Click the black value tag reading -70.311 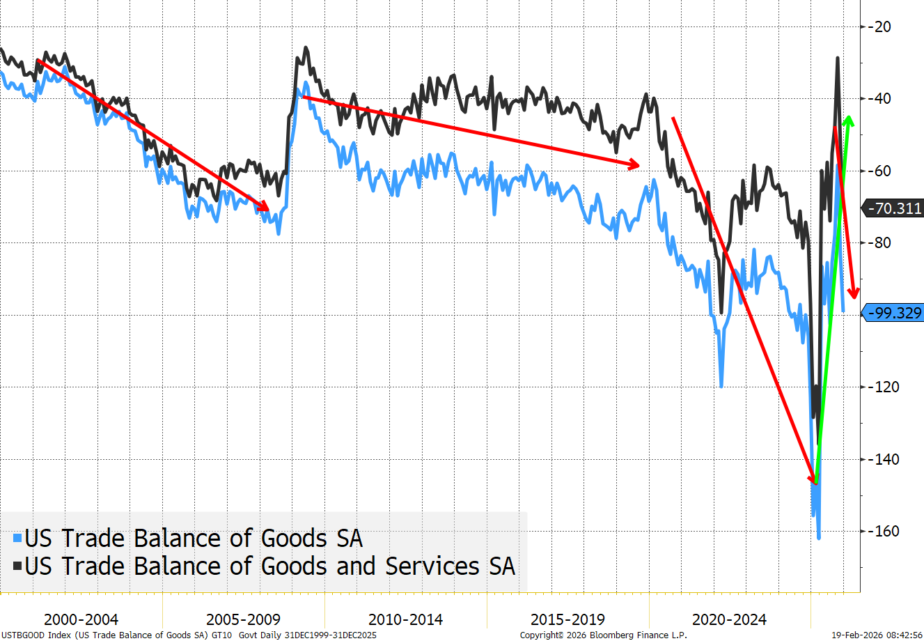coord(893,208)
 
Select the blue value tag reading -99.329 coord(893,313)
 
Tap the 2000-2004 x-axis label coord(81,619)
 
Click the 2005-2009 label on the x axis coord(243,619)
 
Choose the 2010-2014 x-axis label coord(405,619)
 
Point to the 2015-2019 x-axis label coord(567,619)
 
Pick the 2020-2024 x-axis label coord(729,619)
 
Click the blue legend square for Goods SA coord(17,539)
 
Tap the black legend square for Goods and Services coord(17,566)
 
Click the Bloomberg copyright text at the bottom coord(603,635)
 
